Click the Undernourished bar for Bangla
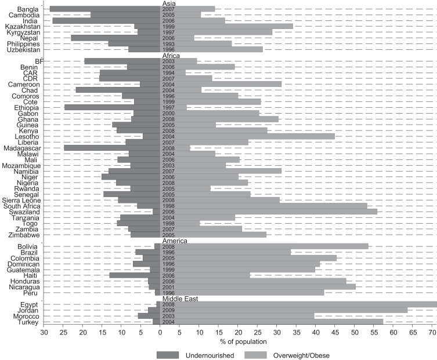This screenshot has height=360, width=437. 105,9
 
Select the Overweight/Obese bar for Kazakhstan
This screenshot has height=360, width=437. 226,27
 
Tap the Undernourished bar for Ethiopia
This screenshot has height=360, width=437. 112,107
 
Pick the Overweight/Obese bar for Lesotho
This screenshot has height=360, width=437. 247,136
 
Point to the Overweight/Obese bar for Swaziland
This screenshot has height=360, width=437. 268,212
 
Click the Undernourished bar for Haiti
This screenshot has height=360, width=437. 135,275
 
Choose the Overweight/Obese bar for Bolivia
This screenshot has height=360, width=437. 264,246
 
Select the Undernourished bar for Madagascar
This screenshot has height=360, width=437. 112,148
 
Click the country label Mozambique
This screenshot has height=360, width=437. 21,166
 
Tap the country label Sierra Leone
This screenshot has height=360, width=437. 21,201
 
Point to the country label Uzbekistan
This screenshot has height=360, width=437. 23,50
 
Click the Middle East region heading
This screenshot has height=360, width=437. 180,299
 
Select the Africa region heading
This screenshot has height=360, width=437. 171,56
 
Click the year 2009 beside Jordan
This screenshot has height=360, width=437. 168,310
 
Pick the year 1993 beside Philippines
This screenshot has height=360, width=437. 168,44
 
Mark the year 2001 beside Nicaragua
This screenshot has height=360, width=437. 168,287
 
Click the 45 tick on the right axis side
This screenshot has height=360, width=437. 335,332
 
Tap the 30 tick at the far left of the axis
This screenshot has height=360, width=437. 44,332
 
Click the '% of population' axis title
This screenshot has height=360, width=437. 243,341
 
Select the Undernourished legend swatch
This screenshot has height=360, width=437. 168,355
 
